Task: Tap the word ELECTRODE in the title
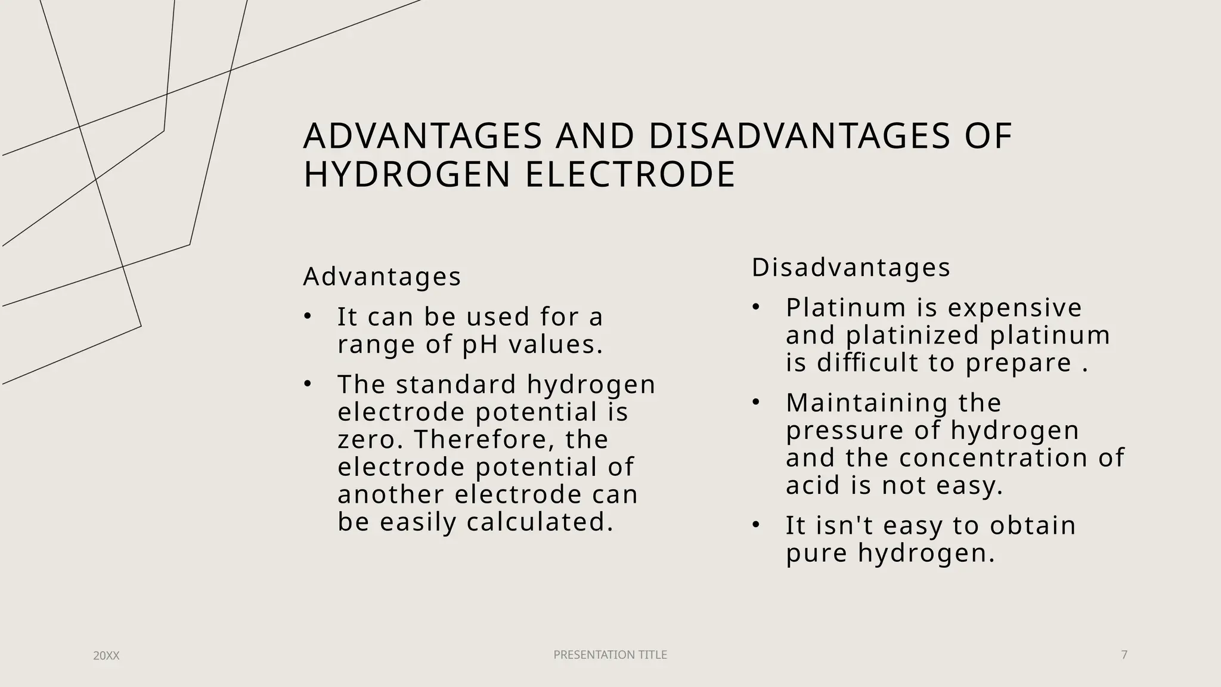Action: click(x=630, y=175)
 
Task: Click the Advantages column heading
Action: click(x=382, y=277)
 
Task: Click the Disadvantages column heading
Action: click(x=851, y=268)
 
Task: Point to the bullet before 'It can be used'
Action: click(x=307, y=317)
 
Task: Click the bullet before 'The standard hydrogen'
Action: click(x=307, y=385)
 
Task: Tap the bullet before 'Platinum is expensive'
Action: click(x=755, y=308)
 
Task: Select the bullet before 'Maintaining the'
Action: click(x=755, y=403)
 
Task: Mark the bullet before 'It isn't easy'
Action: click(x=755, y=525)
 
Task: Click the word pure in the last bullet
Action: click(x=816, y=553)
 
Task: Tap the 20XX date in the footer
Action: click(x=106, y=656)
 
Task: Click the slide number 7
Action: click(x=1124, y=655)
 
